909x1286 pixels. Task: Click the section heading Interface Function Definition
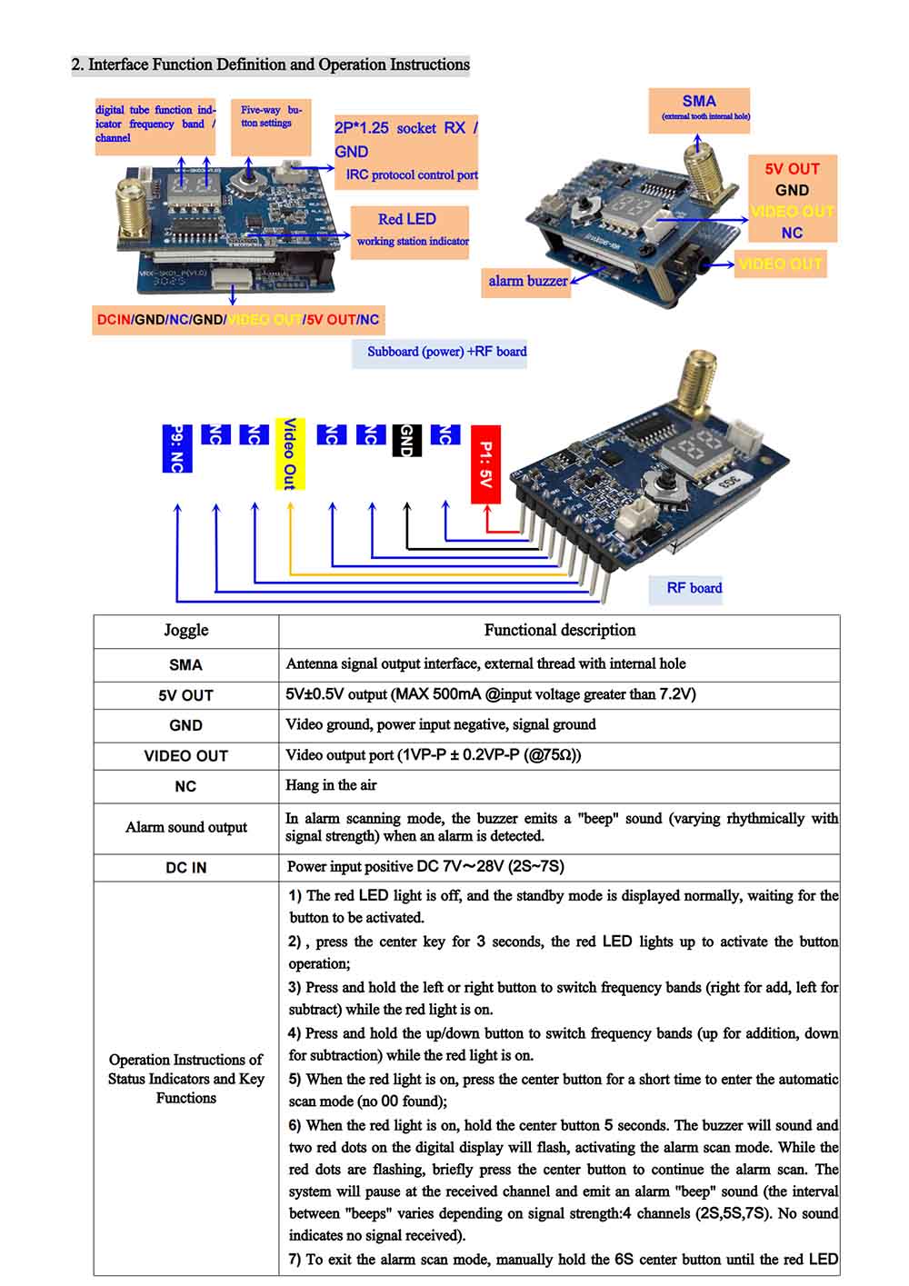[270, 65]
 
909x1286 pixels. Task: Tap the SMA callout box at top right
[699, 106]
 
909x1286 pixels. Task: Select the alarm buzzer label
[527, 281]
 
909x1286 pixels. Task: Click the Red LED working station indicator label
[410, 230]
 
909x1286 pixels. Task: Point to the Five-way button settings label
[270, 116]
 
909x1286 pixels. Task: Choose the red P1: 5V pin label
[485, 464]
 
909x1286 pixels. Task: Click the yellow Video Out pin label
[289, 454]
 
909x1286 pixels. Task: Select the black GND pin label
[406, 440]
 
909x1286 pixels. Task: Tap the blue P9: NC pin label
[176, 448]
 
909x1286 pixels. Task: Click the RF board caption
[693, 588]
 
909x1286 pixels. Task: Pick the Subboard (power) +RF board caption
[445, 352]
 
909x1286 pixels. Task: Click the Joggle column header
[185, 630]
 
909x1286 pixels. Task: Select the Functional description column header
[559, 630]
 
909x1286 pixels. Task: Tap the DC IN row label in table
[185, 867]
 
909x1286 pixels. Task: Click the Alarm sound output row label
[185, 827]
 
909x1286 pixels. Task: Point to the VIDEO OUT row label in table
[185, 756]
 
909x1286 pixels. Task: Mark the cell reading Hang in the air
[331, 785]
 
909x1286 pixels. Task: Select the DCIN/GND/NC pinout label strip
[238, 320]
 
